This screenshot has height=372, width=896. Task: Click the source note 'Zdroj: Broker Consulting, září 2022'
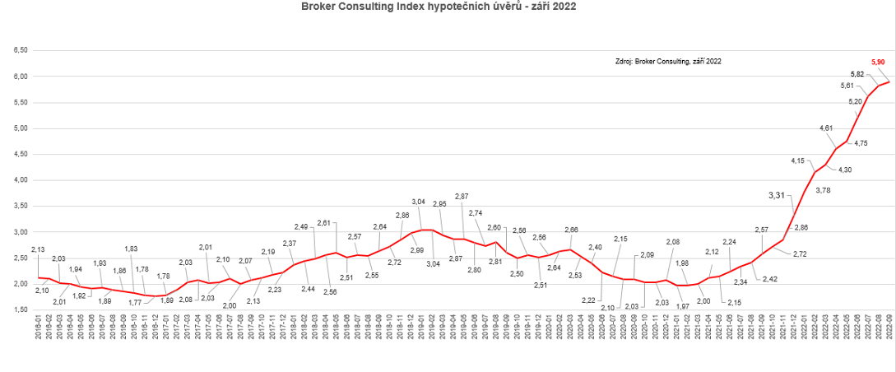coord(668,62)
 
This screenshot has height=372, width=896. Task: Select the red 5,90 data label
coord(878,61)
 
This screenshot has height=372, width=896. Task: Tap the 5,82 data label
coord(857,74)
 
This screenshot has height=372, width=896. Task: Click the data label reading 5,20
coord(832,101)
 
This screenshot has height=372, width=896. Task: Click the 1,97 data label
coord(682,305)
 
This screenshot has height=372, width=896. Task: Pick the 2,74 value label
coord(475,212)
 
